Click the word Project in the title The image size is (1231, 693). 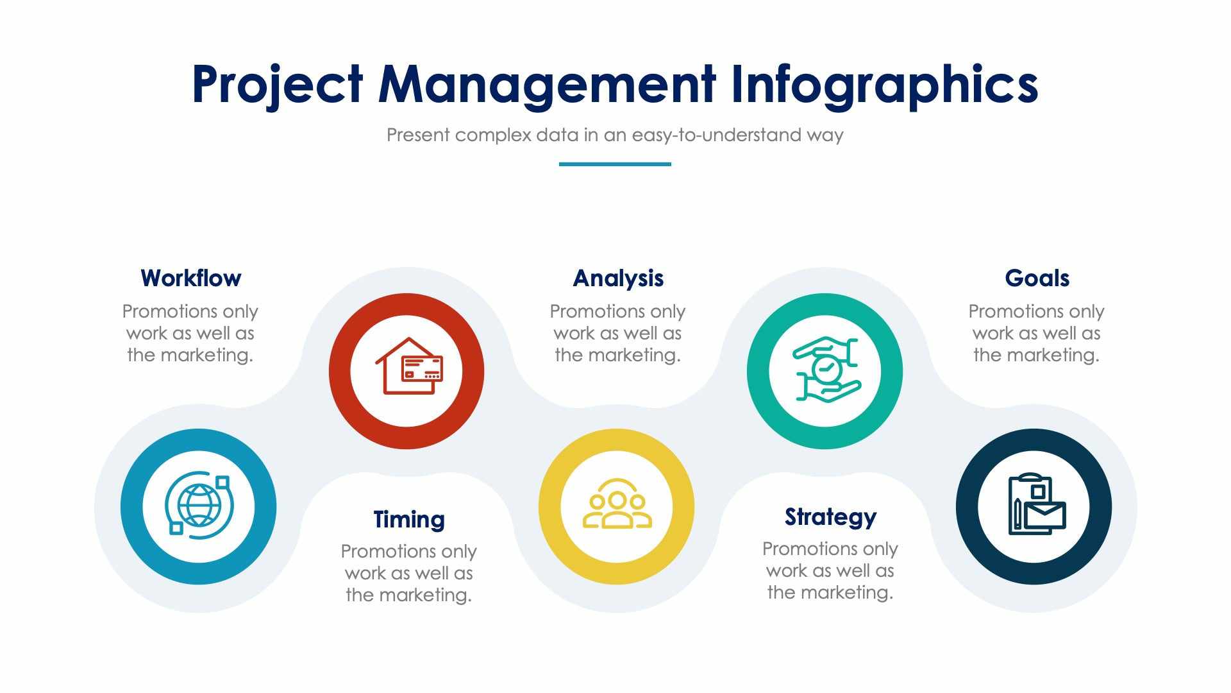277,85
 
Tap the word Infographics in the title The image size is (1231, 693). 884,85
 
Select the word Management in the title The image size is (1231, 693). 546,85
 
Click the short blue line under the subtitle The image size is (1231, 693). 615,164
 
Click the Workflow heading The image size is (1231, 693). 190,278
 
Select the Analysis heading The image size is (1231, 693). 618,278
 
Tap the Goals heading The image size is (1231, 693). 1037,278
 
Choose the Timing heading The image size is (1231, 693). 409,519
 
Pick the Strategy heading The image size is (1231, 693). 830,517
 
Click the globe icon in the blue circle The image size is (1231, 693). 199,506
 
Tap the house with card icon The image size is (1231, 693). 408,367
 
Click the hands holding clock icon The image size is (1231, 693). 825,370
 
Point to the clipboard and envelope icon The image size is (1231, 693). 1035,506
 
